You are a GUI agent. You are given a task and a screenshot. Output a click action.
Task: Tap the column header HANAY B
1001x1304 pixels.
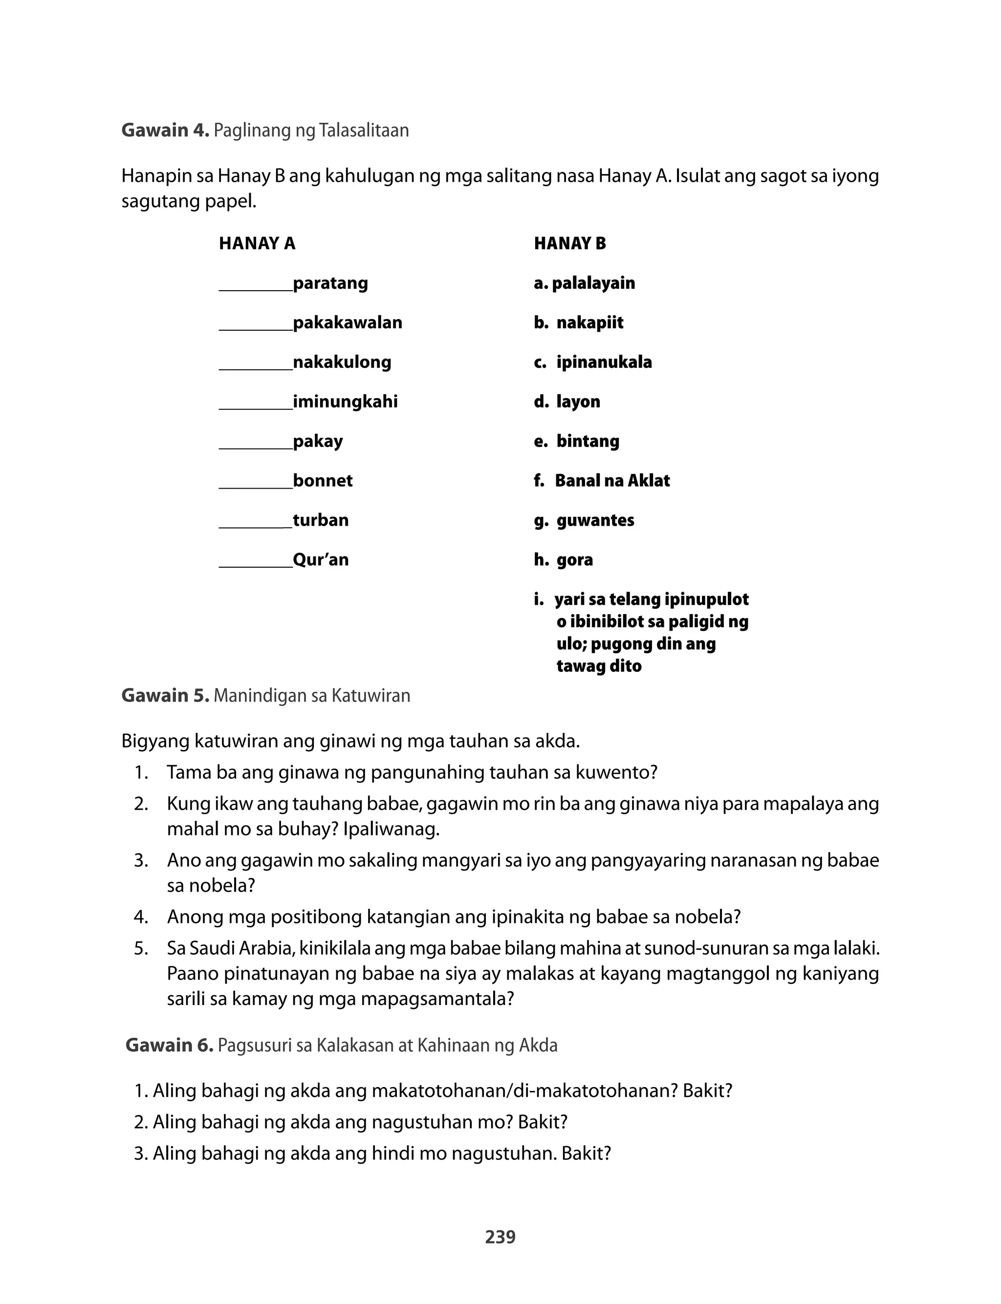569,243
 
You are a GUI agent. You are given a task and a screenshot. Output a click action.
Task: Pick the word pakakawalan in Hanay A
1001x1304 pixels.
348,323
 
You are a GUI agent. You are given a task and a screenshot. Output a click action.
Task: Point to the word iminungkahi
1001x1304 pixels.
345,402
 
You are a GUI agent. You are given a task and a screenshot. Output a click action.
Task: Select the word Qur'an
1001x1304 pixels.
321,560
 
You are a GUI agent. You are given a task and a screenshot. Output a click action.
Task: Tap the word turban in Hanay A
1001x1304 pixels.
321,520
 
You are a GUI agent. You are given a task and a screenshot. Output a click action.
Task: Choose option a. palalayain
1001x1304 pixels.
585,283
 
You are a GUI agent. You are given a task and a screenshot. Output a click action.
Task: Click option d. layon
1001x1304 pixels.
567,402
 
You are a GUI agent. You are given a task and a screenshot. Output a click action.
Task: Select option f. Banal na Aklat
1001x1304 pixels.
602,481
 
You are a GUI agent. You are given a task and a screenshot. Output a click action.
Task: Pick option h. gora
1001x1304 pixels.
564,560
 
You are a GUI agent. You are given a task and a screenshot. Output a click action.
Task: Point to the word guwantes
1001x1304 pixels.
595,520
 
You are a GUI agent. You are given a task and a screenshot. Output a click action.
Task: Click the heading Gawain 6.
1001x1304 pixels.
169,1046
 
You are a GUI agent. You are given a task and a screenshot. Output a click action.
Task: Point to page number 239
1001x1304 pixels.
500,1238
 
